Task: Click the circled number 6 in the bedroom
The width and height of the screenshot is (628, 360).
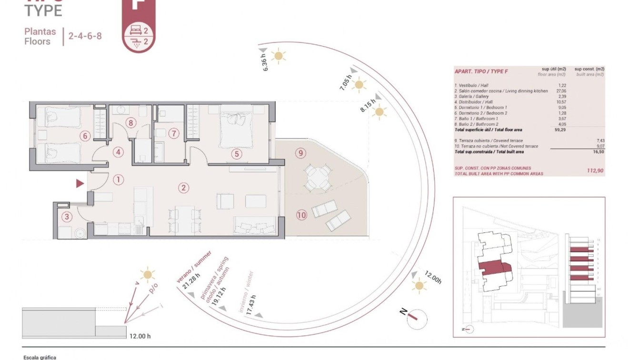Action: pyautogui.click(x=85, y=136)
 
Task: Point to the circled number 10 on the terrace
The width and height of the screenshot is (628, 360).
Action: pyautogui.click(x=301, y=215)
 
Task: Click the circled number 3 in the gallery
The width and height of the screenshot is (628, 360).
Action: pyautogui.click(x=67, y=217)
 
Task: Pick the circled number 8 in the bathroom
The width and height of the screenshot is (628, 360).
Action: pyautogui.click(x=131, y=123)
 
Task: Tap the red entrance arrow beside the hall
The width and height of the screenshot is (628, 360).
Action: pyautogui.click(x=80, y=183)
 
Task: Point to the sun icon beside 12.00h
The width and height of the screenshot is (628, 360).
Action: pyautogui.click(x=419, y=285)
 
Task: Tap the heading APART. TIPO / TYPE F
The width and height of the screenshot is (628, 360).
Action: pyautogui.click(x=481, y=71)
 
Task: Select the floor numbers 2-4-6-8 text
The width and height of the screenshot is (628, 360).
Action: pyautogui.click(x=85, y=36)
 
